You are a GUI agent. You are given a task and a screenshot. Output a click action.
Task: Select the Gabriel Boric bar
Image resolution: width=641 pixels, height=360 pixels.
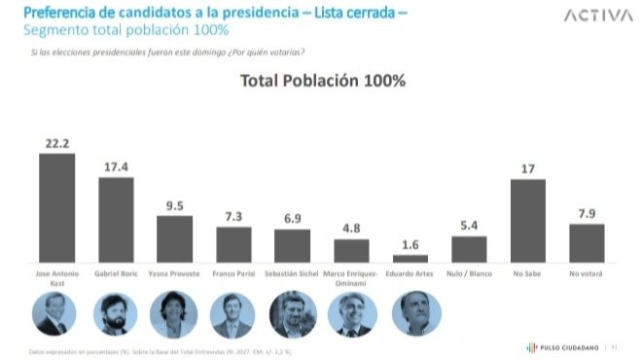click(x=116, y=219)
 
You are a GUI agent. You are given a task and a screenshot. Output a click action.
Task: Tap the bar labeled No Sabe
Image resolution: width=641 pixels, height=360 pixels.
click(x=528, y=220)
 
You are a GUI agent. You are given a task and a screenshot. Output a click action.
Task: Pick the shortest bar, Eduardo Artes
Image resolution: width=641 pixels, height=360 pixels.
click(x=410, y=258)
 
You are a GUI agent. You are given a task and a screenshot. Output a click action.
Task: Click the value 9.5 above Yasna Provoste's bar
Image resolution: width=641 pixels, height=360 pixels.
click(x=175, y=205)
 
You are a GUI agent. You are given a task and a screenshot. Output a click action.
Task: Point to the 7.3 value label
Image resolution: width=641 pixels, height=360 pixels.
click(x=233, y=217)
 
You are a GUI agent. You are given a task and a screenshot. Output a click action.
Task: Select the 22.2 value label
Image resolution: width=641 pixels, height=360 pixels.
click(x=56, y=143)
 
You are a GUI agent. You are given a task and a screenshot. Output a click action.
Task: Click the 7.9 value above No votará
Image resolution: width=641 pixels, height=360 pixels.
click(x=587, y=213)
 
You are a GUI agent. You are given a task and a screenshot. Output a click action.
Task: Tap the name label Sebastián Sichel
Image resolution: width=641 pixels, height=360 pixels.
click(x=292, y=274)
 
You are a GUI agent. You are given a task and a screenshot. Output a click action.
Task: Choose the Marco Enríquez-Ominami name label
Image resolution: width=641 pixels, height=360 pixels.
click(x=351, y=278)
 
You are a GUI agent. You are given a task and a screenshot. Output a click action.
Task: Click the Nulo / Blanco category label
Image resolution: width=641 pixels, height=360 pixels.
click(x=469, y=274)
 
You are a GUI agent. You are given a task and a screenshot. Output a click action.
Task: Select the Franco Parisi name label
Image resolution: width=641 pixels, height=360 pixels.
click(x=233, y=274)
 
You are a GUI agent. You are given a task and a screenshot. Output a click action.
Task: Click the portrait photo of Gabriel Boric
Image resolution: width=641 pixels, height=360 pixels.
click(x=116, y=314)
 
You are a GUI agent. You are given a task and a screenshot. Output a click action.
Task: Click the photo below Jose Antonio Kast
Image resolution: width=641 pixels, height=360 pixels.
click(x=54, y=314)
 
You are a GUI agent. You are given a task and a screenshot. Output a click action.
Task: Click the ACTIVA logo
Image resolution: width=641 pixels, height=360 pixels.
click(x=591, y=17)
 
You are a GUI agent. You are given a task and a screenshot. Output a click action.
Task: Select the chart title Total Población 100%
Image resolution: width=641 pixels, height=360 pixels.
click(x=322, y=82)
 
